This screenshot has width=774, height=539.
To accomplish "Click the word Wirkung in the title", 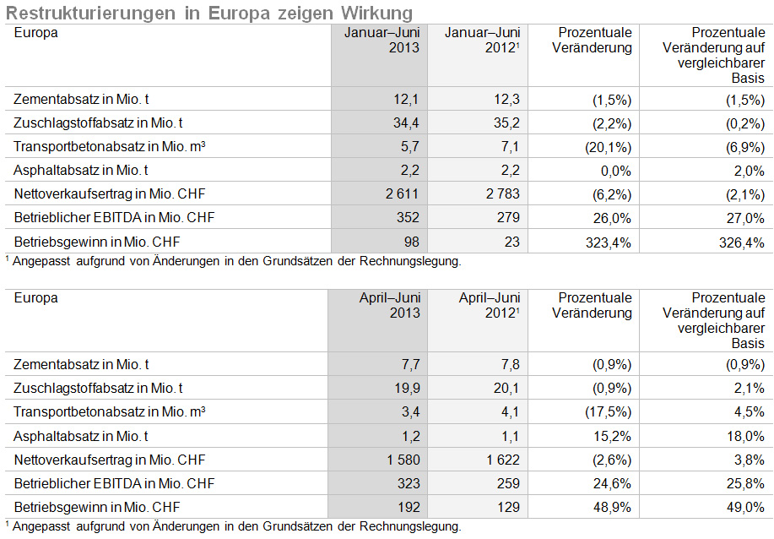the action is [376, 13].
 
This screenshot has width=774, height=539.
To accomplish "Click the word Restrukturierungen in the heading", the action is [90, 13].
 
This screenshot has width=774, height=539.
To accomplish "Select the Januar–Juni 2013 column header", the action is [382, 40].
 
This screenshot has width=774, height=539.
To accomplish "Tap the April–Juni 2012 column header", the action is [490, 305].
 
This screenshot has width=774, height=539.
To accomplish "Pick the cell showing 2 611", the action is [402, 193].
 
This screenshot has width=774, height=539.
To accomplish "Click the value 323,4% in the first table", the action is [608, 242].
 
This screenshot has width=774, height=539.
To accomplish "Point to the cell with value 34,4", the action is [406, 122].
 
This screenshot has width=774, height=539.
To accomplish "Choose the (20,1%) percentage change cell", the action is [608, 147].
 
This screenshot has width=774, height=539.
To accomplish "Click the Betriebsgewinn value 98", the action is [411, 242].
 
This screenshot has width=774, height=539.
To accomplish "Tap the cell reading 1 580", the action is [403, 460].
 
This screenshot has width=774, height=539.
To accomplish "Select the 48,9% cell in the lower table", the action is [612, 508].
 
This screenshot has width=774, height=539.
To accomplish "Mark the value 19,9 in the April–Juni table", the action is [407, 389].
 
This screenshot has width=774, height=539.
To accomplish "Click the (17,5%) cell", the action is [608, 412].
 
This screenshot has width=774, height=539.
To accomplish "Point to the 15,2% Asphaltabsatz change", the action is [612, 436].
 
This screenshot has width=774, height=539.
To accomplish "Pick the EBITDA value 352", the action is [408, 217].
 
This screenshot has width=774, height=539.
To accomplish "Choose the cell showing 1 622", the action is [503, 460].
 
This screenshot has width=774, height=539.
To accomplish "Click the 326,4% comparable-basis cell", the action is [741, 242].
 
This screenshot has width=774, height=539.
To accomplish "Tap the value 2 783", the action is [502, 193].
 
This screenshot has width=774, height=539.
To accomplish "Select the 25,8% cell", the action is [745, 484].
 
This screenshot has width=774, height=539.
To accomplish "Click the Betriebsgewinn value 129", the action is [508, 508].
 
